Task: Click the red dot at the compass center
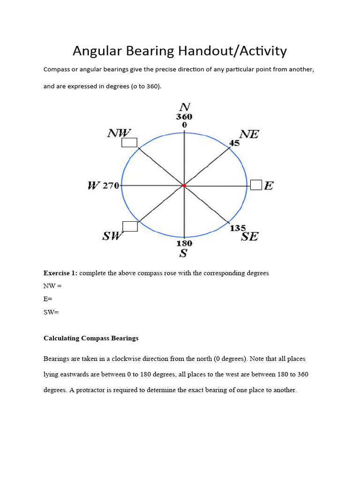[184, 186]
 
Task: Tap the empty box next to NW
[129, 142]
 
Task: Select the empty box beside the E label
[256, 185]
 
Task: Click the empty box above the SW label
[130, 226]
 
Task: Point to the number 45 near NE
[234, 143]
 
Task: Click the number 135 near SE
[238, 228]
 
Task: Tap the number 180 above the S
[184, 243]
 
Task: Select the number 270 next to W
[111, 186]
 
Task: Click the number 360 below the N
[184, 117]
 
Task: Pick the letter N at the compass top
[184, 107]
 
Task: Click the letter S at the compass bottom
[184, 254]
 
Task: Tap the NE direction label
[249, 134]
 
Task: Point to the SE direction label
[249, 237]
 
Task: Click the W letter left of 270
[94, 186]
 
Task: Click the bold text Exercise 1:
[60, 273]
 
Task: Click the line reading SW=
[51, 312]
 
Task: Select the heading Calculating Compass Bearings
[91, 338]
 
